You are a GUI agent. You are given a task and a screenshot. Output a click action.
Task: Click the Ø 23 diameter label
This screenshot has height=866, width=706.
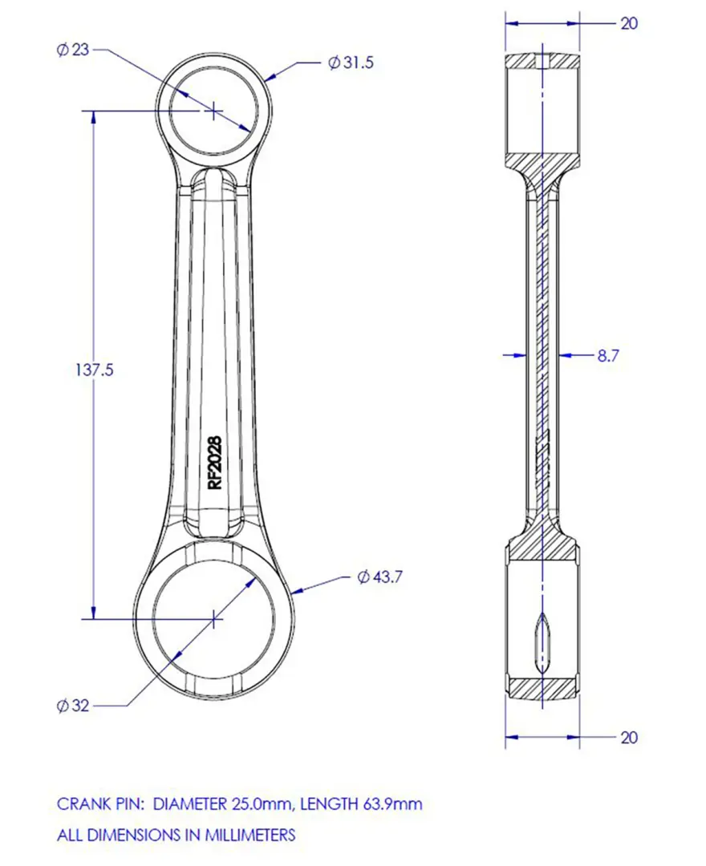click(x=72, y=50)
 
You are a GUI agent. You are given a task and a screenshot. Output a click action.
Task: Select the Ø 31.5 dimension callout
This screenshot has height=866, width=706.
click(x=351, y=63)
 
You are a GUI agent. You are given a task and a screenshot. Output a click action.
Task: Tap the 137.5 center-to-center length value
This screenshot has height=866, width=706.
click(x=95, y=370)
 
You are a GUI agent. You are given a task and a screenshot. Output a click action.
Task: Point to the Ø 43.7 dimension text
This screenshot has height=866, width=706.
click(x=380, y=577)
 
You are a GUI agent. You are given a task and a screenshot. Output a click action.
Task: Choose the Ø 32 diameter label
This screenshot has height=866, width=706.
click(x=72, y=706)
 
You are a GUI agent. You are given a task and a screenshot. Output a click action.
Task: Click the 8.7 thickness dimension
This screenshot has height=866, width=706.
click(x=608, y=356)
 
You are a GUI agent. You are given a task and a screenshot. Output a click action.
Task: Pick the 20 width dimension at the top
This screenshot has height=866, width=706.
click(x=629, y=23)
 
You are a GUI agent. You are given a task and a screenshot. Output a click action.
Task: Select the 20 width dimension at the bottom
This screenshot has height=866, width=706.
click(x=629, y=738)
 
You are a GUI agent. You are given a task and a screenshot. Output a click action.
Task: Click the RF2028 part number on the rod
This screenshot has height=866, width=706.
click(x=214, y=463)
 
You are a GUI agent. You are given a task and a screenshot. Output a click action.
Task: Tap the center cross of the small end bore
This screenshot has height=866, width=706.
click(x=213, y=111)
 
